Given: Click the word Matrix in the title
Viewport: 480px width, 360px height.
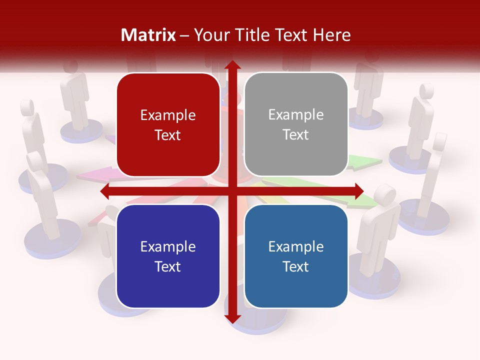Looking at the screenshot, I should [x=148, y=35].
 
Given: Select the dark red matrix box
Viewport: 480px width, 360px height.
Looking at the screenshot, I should [x=168, y=125].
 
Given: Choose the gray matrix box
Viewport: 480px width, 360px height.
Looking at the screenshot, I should [x=296, y=124].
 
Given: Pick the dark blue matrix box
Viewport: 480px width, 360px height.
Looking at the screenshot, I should [x=168, y=256].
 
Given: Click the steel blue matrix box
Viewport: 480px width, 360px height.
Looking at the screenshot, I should [x=296, y=256].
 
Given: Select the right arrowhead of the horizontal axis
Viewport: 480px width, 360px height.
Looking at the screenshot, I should [x=358, y=191].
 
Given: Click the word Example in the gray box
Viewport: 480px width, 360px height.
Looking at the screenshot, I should [x=296, y=115].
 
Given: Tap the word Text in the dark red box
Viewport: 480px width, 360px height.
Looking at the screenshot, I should [x=168, y=135].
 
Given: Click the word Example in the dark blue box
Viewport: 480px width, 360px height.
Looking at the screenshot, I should [x=168, y=246].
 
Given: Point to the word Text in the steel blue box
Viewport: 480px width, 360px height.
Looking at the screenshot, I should [x=296, y=266].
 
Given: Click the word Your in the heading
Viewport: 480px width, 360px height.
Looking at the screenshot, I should [x=208, y=35].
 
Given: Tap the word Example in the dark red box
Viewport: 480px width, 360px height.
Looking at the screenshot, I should [x=168, y=115].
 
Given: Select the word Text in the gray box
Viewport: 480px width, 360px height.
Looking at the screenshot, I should [x=296, y=134].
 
